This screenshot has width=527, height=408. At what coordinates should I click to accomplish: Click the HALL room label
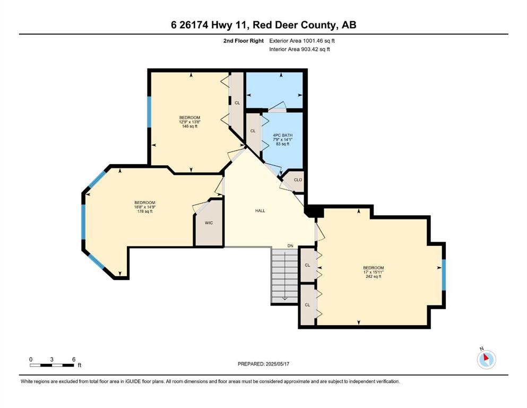point(260,211)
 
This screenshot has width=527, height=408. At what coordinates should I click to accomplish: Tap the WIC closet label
point(209,223)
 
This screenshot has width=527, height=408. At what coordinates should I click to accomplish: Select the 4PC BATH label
point(282,135)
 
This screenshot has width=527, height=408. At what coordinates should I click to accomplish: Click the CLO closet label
point(298,180)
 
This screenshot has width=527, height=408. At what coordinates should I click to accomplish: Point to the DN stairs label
point(290,246)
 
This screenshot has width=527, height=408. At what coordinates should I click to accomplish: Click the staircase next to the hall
point(284,276)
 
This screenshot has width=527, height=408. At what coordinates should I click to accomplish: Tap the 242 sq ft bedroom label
point(373,272)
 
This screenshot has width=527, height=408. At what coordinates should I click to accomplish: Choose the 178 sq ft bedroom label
point(145,207)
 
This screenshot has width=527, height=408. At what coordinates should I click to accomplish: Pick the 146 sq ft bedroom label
point(189,122)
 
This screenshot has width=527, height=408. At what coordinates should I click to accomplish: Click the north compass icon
point(486,359)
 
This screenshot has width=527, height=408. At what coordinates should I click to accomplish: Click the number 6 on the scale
point(74,359)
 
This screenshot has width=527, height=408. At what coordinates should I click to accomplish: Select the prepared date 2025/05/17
point(277,364)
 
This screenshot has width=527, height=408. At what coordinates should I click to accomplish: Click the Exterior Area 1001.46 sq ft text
point(302,41)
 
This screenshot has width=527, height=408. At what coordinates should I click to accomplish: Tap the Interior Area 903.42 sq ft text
point(299,49)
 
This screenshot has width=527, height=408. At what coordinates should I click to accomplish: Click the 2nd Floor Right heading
point(244,41)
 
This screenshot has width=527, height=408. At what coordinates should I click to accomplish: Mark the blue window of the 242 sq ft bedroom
point(443,275)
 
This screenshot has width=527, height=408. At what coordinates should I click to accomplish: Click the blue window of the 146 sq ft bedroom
point(149,112)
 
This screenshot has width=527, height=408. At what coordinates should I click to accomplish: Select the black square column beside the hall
point(313,212)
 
